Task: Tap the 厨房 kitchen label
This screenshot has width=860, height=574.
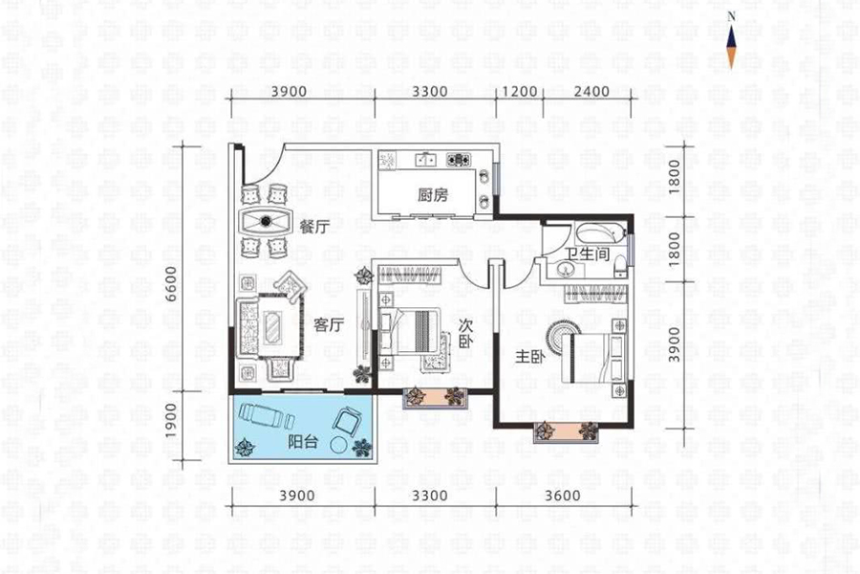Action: point(433,195)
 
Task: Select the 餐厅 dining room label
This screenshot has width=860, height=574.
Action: point(314,227)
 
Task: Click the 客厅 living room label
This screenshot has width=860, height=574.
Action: point(329,325)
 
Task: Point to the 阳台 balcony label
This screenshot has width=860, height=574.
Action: point(303,441)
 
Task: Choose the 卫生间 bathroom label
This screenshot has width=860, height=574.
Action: point(587,254)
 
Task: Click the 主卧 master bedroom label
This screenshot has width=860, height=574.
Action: point(529,357)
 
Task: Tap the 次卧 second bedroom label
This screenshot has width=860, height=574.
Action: point(465,333)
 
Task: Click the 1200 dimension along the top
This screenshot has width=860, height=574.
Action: point(519,91)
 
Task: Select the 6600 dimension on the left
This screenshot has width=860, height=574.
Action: point(172,283)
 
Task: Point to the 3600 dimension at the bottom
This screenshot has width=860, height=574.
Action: point(563,496)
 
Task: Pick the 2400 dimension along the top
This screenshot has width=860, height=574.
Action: point(591,91)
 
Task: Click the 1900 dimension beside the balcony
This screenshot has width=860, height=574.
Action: point(172,421)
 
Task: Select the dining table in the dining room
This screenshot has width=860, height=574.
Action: point(266,221)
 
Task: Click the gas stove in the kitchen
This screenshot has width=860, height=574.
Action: point(458,160)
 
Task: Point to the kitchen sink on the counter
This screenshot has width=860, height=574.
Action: point(426,160)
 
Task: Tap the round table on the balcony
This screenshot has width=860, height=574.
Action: point(339,445)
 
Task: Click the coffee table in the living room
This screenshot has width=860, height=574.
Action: point(272,328)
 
